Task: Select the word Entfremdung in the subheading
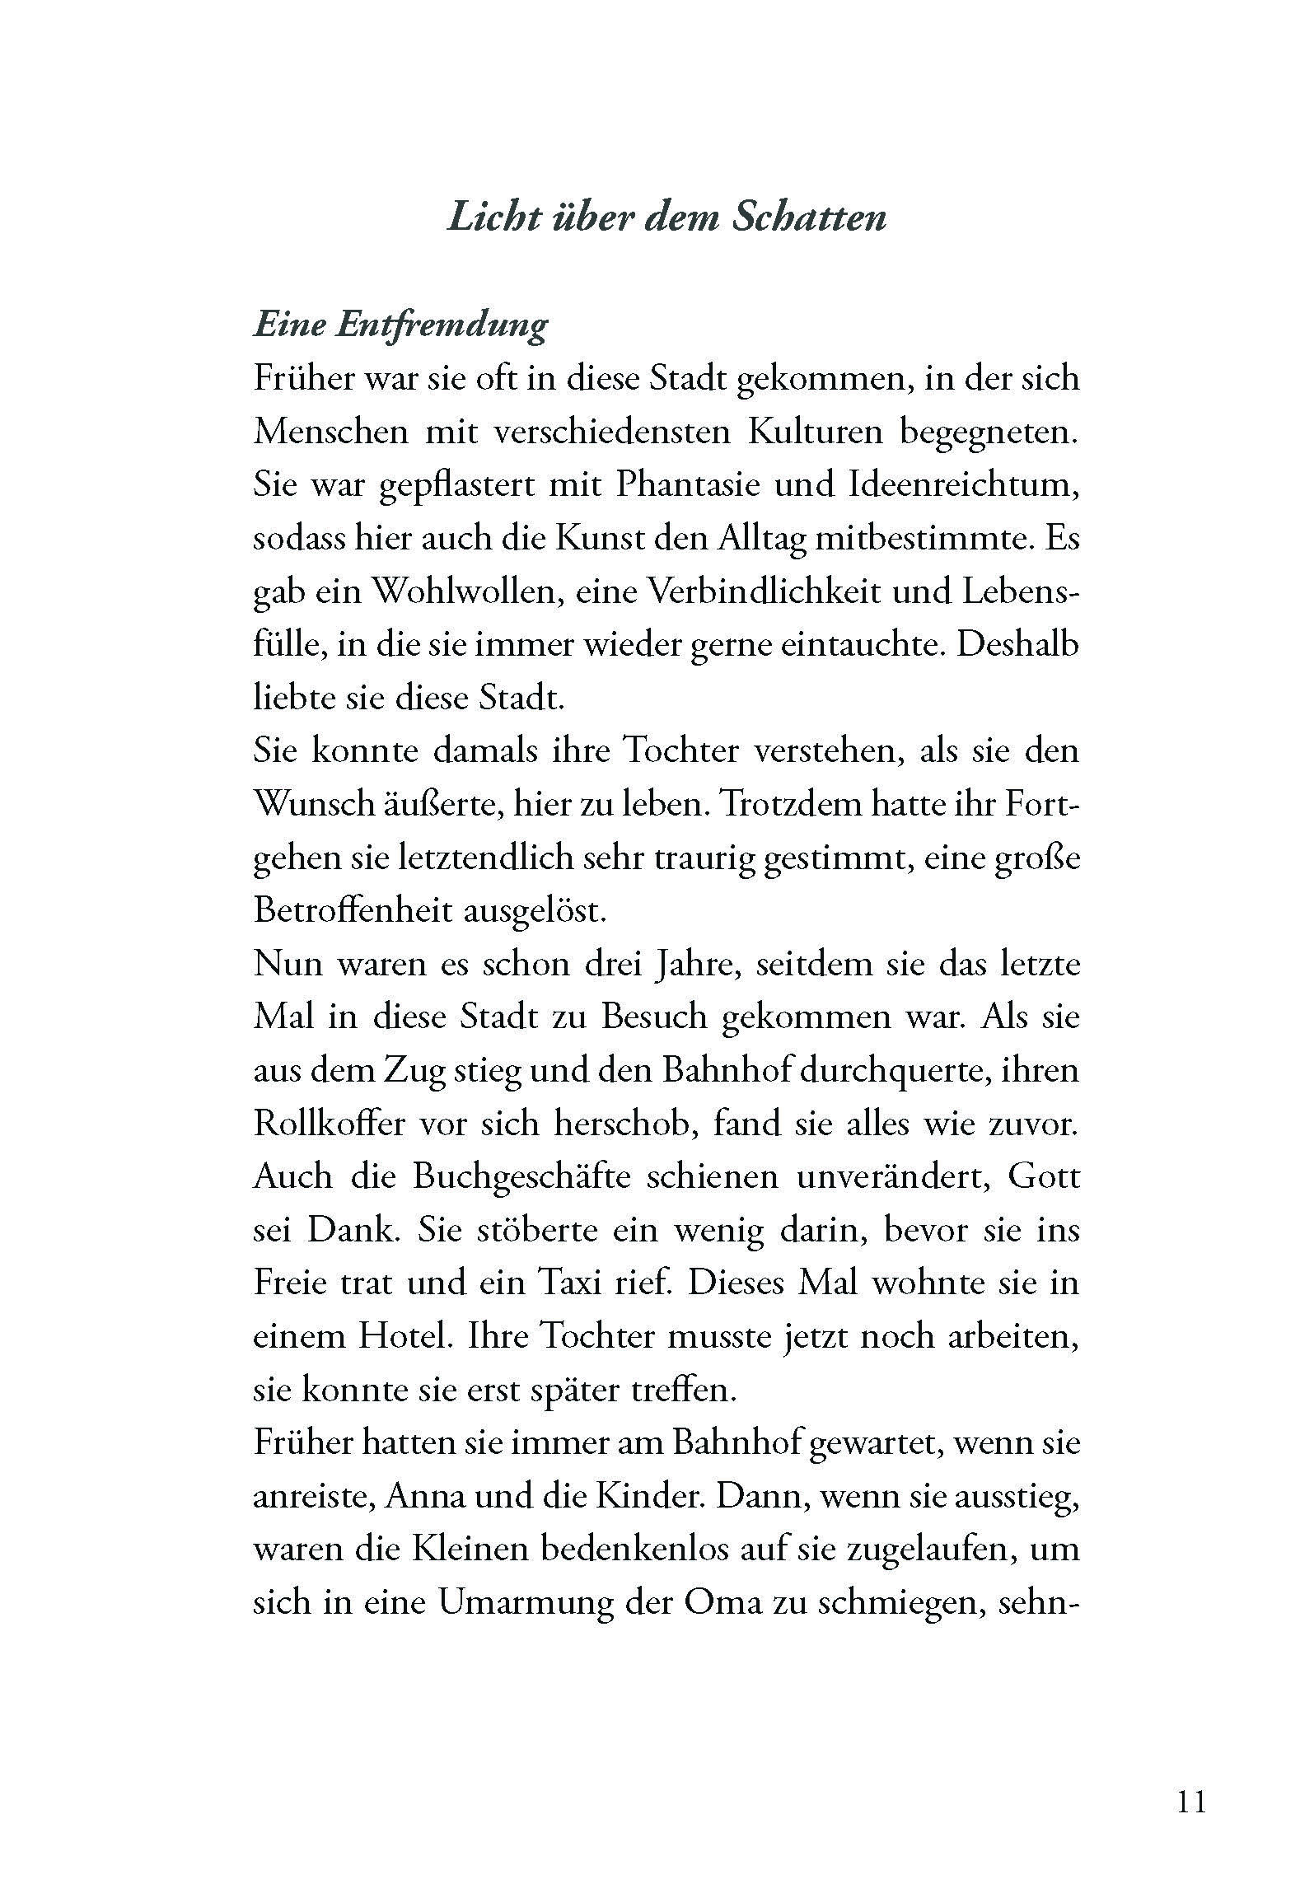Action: click(x=442, y=325)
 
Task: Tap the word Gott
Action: click(x=1043, y=1177)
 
